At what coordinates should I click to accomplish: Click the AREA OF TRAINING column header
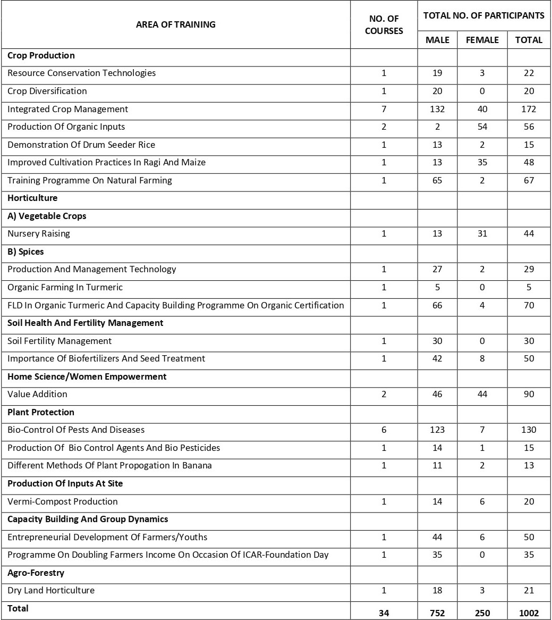175,24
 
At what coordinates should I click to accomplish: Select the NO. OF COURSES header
384,25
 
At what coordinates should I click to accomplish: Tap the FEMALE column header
482,40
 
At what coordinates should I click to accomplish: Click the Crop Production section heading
41,55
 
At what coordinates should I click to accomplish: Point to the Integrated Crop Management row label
67,109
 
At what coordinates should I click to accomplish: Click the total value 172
529,109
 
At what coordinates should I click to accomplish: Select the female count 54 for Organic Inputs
482,127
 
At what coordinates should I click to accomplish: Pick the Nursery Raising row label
38,233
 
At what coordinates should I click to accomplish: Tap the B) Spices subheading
26,252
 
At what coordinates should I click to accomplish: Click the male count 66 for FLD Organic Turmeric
437,305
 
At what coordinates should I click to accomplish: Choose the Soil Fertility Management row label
60,341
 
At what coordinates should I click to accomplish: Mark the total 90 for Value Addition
529,394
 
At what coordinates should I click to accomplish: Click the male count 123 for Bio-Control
437,430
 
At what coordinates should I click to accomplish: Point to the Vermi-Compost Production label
63,501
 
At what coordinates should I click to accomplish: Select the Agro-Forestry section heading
36,573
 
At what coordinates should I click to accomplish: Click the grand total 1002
529,613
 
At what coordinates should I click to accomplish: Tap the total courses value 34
384,613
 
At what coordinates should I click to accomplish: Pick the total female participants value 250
482,613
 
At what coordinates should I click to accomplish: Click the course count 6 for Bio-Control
384,430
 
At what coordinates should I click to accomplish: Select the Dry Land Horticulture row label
51,590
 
